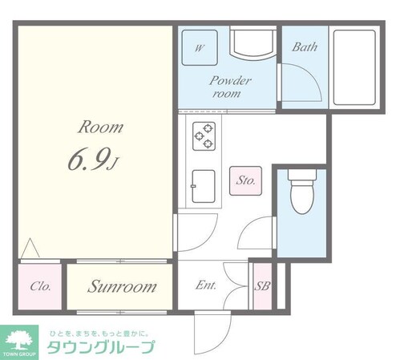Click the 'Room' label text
point(100,127)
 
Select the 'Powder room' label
point(231,87)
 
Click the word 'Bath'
point(304,47)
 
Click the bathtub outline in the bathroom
point(354,67)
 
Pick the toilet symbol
point(301,193)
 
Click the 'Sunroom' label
point(122,287)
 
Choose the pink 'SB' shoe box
point(261,287)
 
